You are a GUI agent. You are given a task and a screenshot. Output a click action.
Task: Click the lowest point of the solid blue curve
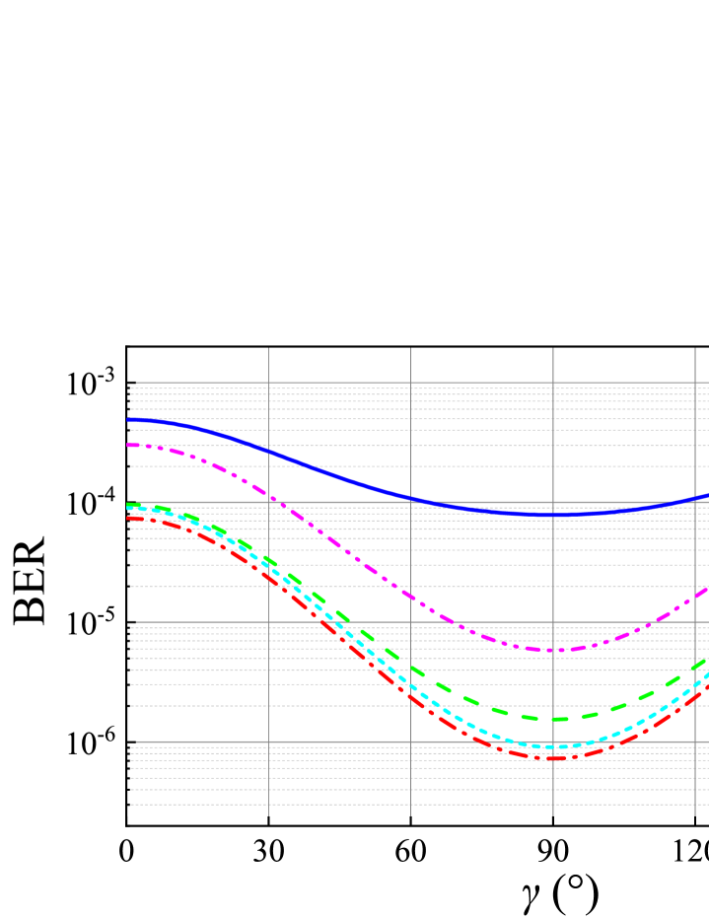pyautogui.click(x=553, y=515)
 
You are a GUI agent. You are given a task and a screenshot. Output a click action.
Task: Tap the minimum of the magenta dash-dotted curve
pyautogui.click(x=553, y=650)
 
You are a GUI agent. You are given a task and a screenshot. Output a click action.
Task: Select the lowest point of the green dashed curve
pyautogui.click(x=553, y=719)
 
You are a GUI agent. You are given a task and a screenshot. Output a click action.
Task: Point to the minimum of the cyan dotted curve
pyautogui.click(x=553, y=747)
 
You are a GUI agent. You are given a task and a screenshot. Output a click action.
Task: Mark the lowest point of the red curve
pyautogui.click(x=553, y=757)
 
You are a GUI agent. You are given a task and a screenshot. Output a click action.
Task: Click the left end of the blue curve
pyautogui.click(x=127, y=420)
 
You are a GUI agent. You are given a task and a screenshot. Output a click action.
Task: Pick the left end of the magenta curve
pyautogui.click(x=127, y=445)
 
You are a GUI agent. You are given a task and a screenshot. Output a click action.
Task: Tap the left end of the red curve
pyautogui.click(x=127, y=518)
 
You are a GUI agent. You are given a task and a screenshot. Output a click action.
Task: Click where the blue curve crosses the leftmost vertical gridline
pyautogui.click(x=268, y=451)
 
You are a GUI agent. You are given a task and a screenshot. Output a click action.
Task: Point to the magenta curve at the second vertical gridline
pyautogui.click(x=410, y=595)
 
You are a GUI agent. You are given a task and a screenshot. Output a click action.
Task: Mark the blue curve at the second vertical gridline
pyautogui.click(x=410, y=498)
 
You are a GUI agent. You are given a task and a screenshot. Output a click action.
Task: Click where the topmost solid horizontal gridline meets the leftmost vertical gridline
pyautogui.click(x=268, y=383)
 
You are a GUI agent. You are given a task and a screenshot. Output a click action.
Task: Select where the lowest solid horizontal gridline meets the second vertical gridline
pyautogui.click(x=410, y=741)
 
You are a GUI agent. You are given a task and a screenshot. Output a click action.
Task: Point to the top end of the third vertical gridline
pyautogui.click(x=553, y=348)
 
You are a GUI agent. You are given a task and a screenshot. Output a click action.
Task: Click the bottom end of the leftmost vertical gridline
pyautogui.click(x=268, y=815)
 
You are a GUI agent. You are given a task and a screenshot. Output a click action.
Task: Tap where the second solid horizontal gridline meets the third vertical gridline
pyautogui.click(x=553, y=502)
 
